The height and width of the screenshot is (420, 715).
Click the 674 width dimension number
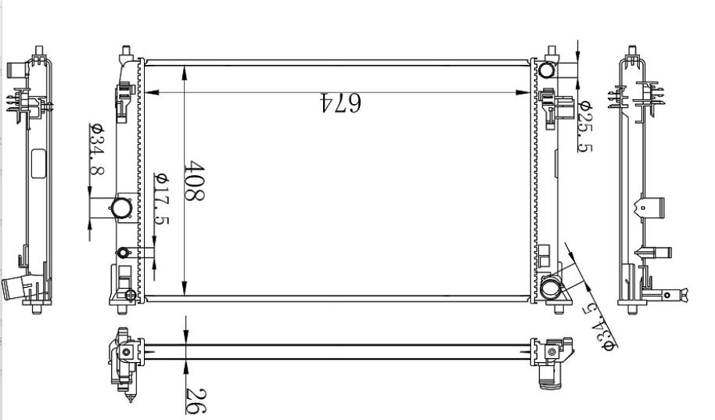tap(340, 102)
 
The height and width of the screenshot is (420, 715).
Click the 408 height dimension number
tap(194, 181)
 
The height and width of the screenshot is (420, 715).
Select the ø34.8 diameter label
tap(97, 149)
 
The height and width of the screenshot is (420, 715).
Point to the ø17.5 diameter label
tap(161, 199)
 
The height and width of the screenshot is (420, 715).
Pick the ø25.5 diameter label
tap(585, 126)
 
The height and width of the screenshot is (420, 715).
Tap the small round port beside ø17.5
tap(123, 253)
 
